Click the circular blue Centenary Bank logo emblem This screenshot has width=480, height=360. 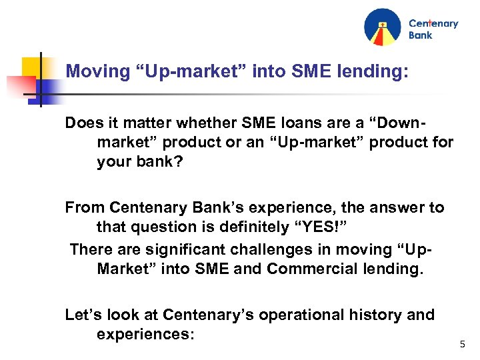tap(383, 27)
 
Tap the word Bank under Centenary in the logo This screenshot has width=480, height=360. tap(421, 35)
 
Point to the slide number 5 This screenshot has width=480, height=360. tap(463, 345)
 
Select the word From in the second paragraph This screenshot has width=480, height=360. tap(85, 208)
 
